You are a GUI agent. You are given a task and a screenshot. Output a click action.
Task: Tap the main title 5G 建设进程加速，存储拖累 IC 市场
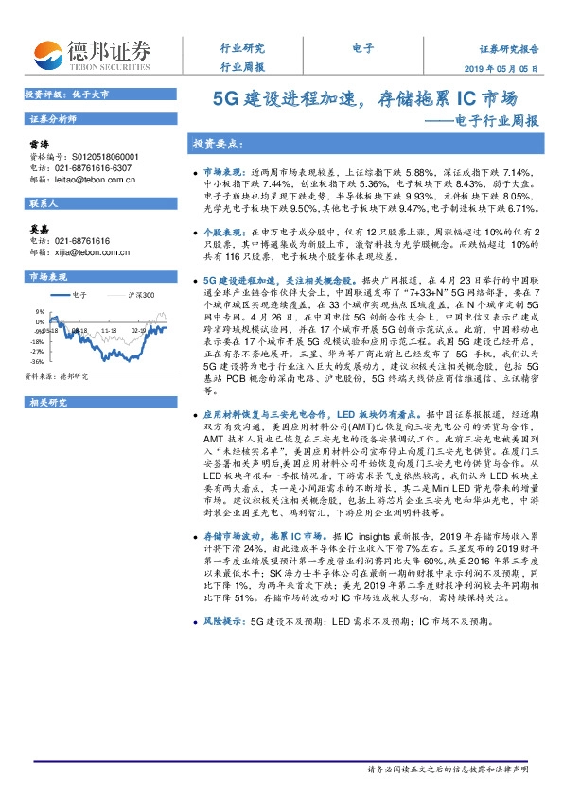(x=363, y=97)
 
